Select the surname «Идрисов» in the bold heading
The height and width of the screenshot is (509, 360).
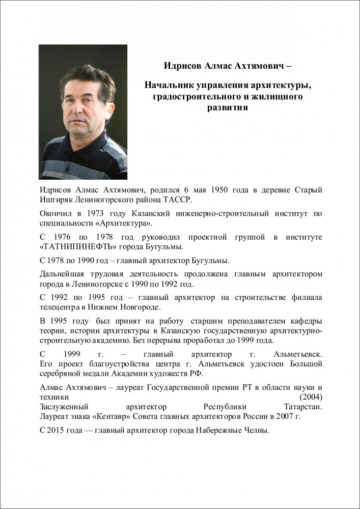(183, 66)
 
